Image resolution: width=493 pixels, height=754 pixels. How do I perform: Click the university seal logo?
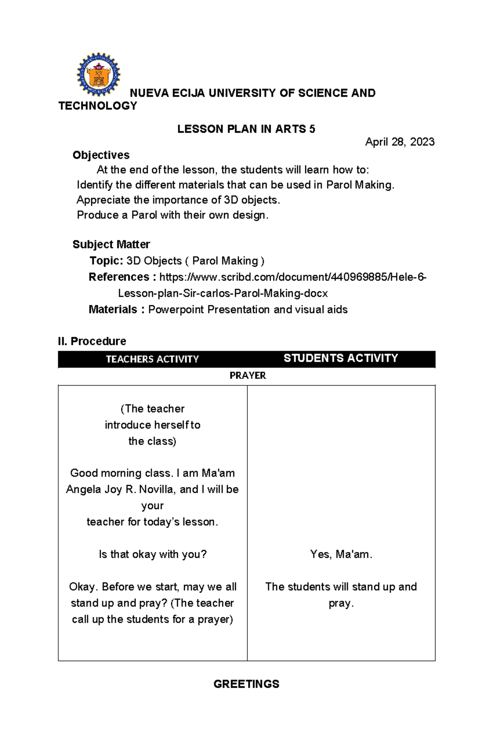click(x=99, y=74)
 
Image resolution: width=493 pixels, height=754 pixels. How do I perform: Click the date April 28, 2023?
click(x=399, y=142)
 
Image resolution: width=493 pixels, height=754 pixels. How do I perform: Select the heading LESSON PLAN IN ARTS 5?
click(x=246, y=129)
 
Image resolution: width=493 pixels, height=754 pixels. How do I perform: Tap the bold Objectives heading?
click(x=101, y=155)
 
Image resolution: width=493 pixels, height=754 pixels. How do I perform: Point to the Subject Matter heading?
click(x=111, y=244)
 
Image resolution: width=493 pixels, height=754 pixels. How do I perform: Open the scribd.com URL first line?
click(x=293, y=277)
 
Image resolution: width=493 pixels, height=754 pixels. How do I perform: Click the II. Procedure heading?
click(x=92, y=341)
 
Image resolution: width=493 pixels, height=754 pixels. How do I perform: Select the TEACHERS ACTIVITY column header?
click(x=152, y=359)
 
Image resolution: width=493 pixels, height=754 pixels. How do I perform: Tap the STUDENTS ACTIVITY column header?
click(x=341, y=358)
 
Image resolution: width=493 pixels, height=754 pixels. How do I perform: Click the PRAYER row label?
click(x=247, y=375)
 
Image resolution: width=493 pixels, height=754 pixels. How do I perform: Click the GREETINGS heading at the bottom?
click(x=246, y=684)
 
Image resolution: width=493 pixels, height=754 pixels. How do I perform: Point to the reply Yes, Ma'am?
click(x=341, y=554)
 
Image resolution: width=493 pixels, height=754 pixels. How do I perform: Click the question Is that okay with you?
click(x=152, y=554)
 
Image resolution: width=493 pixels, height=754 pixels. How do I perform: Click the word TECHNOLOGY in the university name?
click(x=98, y=106)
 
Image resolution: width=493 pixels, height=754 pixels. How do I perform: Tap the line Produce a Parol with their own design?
click(x=173, y=215)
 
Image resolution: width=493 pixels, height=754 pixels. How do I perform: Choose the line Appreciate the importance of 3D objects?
click(x=178, y=200)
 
